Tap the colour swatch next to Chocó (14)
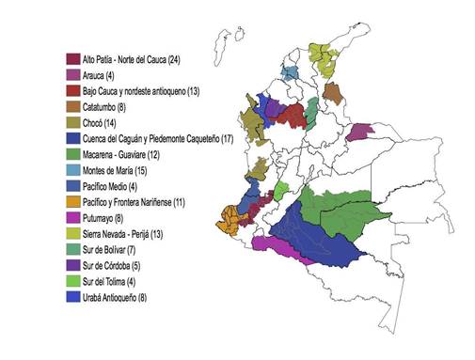point(72,122)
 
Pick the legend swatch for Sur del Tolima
point(72,281)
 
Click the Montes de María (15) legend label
point(117,169)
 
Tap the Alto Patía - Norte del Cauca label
point(131,58)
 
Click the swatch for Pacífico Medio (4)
point(72,186)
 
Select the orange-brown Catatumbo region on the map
point(330,94)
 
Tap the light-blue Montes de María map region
point(291,73)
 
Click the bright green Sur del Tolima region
point(279,190)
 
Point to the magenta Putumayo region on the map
point(282,250)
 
